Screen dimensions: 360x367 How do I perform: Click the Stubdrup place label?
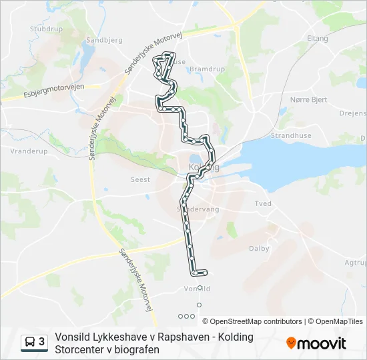click(45, 29)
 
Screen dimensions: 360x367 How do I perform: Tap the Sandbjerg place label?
click(104, 40)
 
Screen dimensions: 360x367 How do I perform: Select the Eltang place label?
click(317, 39)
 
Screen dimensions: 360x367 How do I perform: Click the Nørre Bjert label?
click(308, 99)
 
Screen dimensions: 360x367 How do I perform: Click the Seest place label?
click(140, 179)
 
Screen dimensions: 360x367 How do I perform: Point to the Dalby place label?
click(259, 249)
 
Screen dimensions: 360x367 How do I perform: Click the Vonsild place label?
click(196, 289)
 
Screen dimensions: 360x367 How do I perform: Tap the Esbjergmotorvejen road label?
click(51, 92)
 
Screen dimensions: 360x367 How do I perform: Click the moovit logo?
click(316, 343)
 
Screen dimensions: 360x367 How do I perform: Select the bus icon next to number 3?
click(31, 342)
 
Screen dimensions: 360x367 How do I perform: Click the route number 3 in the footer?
click(42, 342)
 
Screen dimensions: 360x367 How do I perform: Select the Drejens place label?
click(353, 114)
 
